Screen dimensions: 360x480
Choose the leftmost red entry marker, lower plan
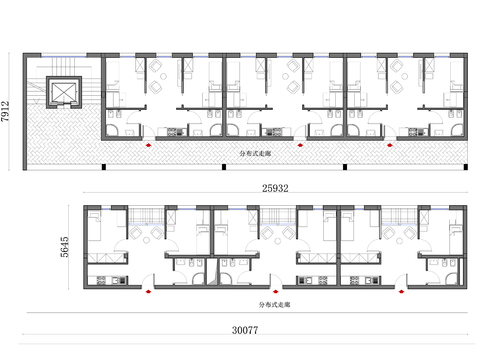click(149, 292)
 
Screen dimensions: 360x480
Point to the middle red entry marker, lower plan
click(276, 292)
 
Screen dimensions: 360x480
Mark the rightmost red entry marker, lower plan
click(401, 292)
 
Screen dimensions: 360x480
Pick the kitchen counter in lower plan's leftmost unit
click(103, 276)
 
